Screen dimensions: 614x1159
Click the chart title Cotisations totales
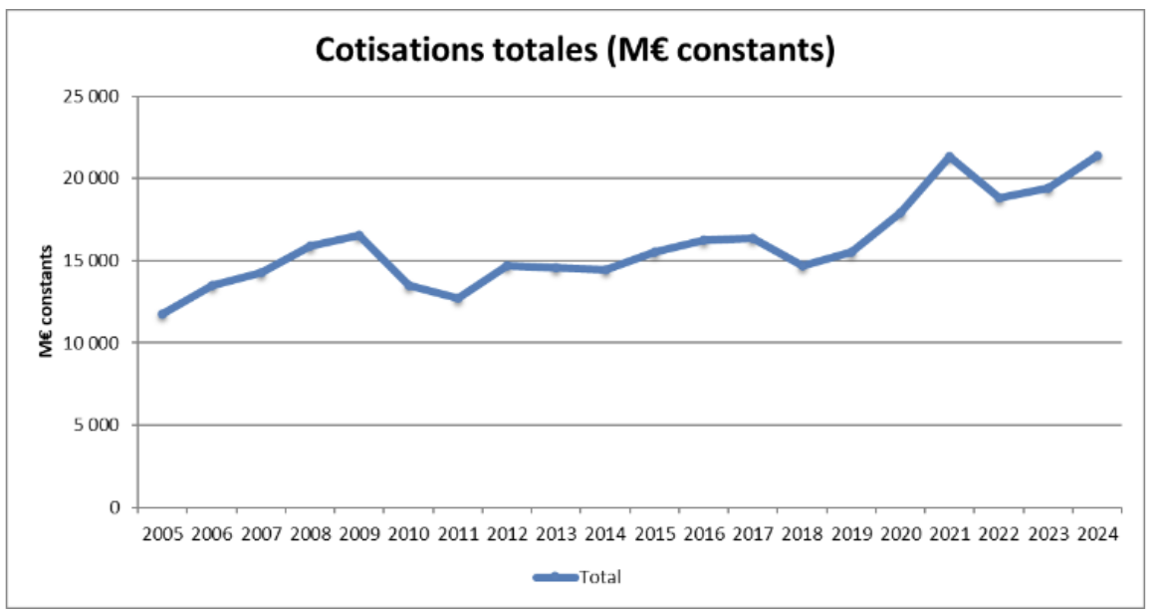[x=574, y=52]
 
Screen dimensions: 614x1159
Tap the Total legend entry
[x=578, y=576]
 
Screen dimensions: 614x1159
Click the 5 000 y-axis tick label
[x=97, y=425]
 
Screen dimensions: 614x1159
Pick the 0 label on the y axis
[x=115, y=506]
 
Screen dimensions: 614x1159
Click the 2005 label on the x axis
[x=162, y=533]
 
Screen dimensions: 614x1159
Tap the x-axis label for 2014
[x=604, y=533]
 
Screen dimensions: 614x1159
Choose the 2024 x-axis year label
[x=1097, y=533]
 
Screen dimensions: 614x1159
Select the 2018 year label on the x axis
[x=802, y=533]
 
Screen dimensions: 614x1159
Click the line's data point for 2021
[x=950, y=156]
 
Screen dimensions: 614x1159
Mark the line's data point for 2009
[x=359, y=235]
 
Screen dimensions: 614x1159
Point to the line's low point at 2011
[x=457, y=298]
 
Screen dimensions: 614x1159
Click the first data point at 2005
[x=162, y=314]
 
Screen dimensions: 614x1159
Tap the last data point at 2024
[x=1097, y=155]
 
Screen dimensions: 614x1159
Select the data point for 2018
[x=802, y=266]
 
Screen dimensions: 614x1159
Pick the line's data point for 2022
[x=999, y=197]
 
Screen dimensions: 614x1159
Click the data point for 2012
[x=507, y=265]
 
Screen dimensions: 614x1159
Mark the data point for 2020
[x=900, y=212]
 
